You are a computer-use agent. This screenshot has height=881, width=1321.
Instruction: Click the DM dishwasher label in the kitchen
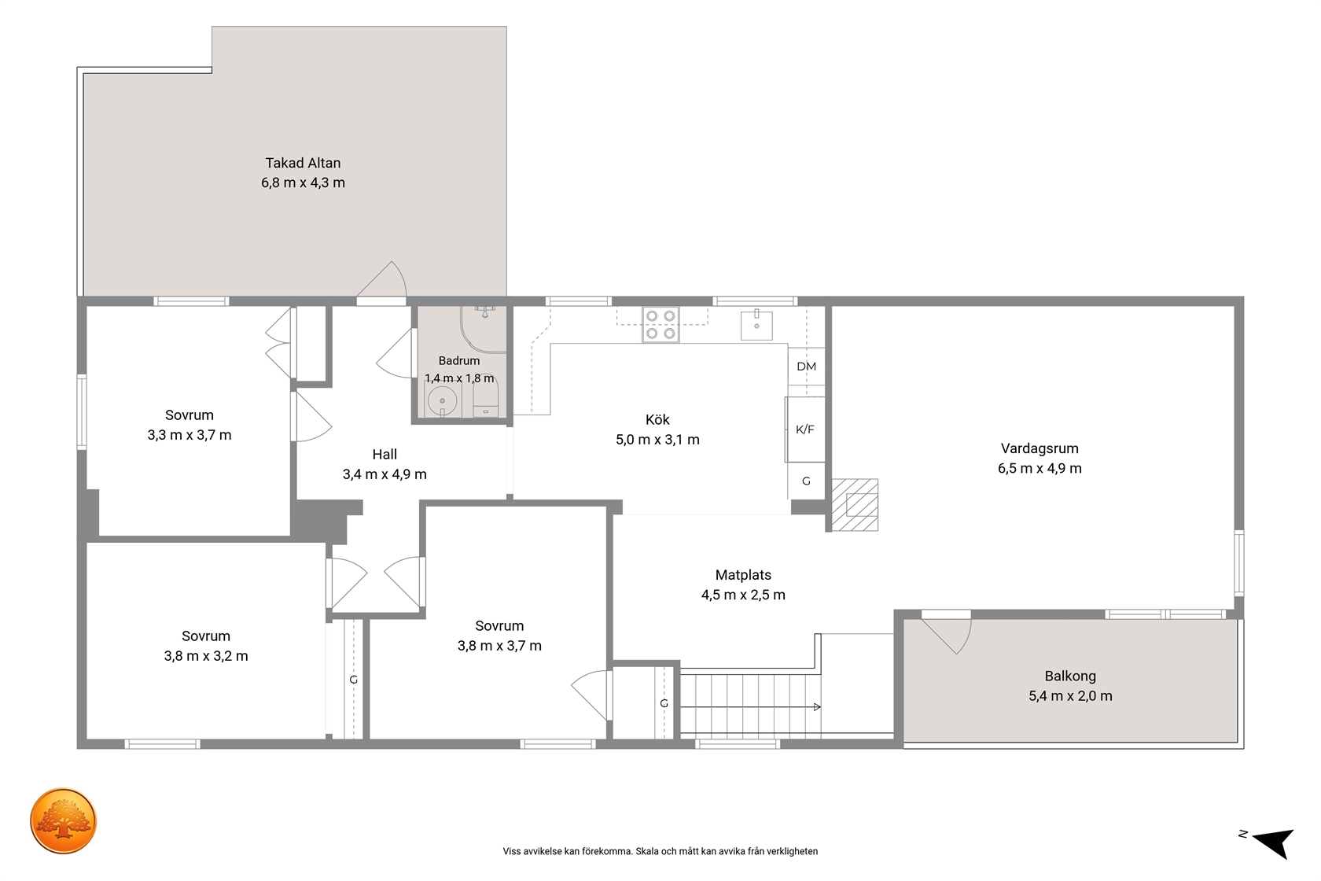(x=806, y=367)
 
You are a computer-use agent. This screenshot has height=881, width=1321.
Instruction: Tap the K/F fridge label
(x=805, y=429)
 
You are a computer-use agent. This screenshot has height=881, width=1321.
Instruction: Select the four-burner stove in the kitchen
(x=660, y=325)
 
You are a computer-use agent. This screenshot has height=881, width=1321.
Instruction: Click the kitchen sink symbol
(x=756, y=325)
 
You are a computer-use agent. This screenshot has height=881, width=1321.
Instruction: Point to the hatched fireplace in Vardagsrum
(x=855, y=504)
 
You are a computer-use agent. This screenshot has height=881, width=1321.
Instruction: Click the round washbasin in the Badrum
(x=442, y=401)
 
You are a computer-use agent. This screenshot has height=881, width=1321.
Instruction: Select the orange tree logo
(x=63, y=820)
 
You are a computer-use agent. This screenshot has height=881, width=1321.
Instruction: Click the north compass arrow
(x=1274, y=842)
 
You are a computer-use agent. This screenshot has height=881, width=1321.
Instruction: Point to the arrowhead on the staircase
(x=817, y=707)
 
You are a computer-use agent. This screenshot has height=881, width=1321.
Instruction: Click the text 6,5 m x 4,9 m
(x=1040, y=469)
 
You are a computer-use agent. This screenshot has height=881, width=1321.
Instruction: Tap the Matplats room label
(x=743, y=575)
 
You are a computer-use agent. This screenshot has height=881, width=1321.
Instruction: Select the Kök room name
(x=657, y=419)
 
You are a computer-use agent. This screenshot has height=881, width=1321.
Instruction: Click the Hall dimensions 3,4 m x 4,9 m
(x=385, y=474)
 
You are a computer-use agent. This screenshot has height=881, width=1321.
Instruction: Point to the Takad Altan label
(x=304, y=163)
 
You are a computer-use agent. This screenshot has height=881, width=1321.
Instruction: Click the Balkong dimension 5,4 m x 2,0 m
(x=1070, y=696)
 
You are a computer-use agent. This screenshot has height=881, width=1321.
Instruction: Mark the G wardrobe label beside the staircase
(x=664, y=703)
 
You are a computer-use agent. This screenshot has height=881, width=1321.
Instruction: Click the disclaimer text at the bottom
(x=660, y=851)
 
